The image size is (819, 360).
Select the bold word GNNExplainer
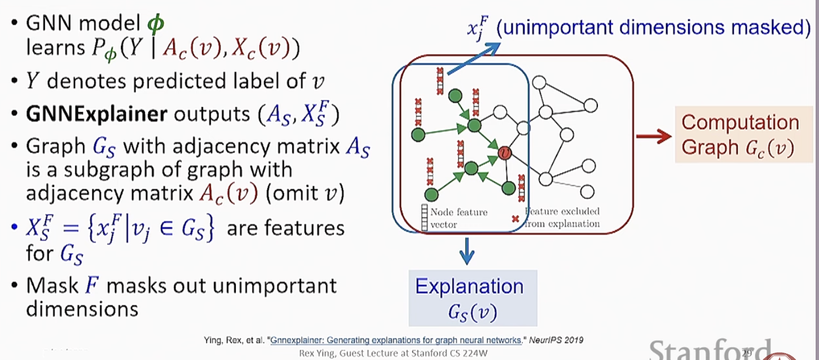click(96, 114)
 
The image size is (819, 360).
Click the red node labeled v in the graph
click(505, 152)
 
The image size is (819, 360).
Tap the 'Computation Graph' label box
click(739, 135)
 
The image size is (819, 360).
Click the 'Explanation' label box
click(469, 297)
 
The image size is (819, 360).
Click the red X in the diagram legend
click(514, 217)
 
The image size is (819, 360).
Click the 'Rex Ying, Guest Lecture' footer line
click(394, 353)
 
